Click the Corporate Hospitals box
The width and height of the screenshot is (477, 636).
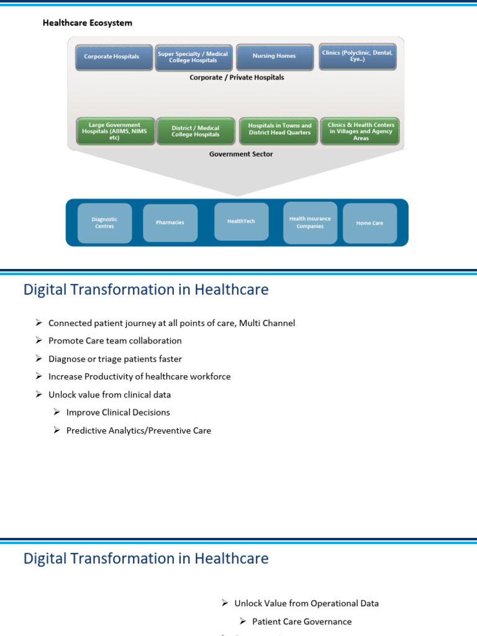point(112,57)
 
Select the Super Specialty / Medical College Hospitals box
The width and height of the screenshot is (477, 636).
point(193,57)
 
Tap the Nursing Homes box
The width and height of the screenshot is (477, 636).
point(274,56)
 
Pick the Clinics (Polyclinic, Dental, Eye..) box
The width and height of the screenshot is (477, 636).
point(357,56)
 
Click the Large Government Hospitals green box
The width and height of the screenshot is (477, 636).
point(114,131)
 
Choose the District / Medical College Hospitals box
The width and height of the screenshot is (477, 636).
point(196,131)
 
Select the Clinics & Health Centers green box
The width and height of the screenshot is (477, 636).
point(361,131)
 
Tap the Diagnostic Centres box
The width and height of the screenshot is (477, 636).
point(104,222)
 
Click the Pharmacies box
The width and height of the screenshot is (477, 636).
point(170,222)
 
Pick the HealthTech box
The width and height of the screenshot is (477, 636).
point(241,221)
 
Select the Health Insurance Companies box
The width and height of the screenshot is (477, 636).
point(310,222)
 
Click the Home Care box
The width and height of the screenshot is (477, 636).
point(370,223)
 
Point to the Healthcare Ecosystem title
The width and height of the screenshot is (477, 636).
point(87,23)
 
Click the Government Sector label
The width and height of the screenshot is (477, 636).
point(241,154)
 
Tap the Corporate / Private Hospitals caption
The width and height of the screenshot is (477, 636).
point(237,78)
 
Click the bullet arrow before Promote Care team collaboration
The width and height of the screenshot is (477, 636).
point(39,341)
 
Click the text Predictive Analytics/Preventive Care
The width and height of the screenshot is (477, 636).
point(139,430)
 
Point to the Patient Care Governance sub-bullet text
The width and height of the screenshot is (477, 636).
point(302,621)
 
